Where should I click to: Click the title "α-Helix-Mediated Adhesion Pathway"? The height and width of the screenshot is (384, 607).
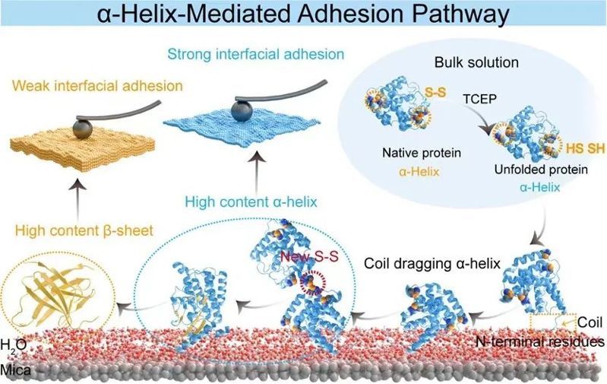(x=303, y=14)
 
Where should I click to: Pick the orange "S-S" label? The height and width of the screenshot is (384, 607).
(x=436, y=94)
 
